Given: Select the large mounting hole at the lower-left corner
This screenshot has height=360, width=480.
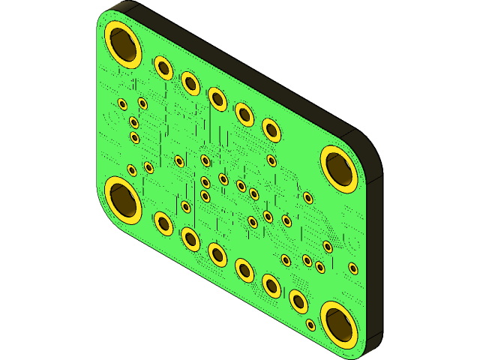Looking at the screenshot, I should pyautogui.click(x=123, y=198).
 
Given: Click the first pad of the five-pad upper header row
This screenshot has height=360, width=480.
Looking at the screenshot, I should pyautogui.click(x=163, y=67).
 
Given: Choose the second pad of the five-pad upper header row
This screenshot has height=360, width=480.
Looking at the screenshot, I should pyautogui.click(x=190, y=82).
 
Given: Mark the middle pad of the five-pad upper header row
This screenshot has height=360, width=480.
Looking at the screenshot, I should pyautogui.click(x=217, y=98).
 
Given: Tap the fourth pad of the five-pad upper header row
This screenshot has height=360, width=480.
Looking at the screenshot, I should pyautogui.click(x=244, y=114).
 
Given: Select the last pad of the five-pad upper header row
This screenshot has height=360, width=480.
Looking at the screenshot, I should pyautogui.click(x=271, y=130).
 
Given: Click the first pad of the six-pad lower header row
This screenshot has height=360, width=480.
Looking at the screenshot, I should pyautogui.click(x=163, y=223).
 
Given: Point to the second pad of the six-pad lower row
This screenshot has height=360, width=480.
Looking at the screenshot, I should pyautogui.click(x=190, y=238).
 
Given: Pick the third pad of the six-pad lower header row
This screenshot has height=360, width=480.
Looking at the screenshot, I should pyautogui.click(x=217, y=254).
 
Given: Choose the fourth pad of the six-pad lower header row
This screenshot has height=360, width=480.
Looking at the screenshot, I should pyautogui.click(x=244, y=269).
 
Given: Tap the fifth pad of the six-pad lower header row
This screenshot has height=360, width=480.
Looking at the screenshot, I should pyautogui.click(x=271, y=285).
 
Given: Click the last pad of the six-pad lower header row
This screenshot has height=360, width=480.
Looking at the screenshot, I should pyautogui.click(x=298, y=301).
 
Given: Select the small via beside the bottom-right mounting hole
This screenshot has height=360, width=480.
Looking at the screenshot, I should pyautogui.click(x=310, y=325).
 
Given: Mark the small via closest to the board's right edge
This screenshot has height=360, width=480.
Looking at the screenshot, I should pyautogui.click(x=353, y=268).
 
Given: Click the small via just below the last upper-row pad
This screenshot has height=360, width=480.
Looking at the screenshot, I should pyautogui.click(x=271, y=160).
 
